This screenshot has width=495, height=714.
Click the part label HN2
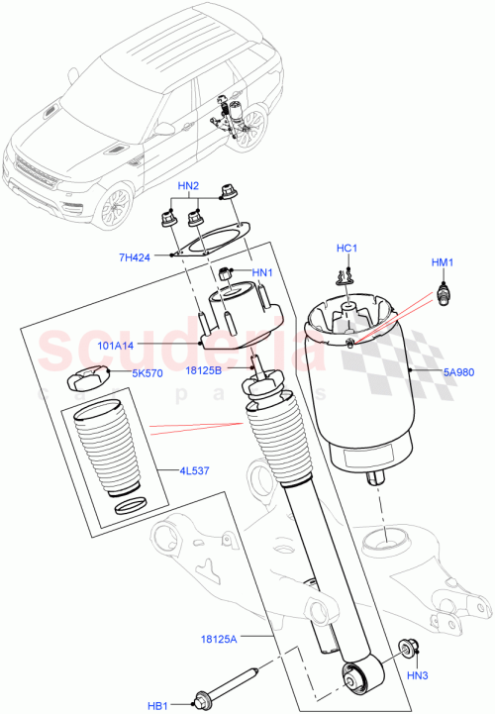pos(188,186)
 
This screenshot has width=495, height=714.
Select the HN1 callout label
pos(261,273)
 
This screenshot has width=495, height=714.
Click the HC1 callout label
pos(346,248)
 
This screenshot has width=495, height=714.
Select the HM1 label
pos(442,262)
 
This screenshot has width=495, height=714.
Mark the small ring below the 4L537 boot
pos(130,508)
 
